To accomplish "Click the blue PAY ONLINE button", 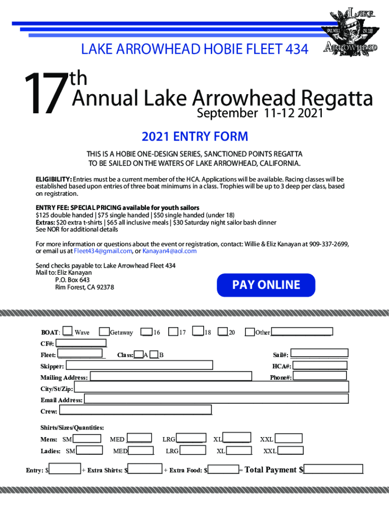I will coord(266,285).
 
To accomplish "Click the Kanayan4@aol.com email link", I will coord(169,251).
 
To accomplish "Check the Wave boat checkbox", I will coord(68,332).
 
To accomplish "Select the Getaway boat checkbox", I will coord(105,332).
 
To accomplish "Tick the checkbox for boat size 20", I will coord(223,332).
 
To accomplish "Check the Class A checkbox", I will coord(138,355).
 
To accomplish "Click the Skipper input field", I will coord(139,365).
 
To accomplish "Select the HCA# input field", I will coord(320,365).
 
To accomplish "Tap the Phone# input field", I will coord(320,376).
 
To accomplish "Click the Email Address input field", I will coord(216,399).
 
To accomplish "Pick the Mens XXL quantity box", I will coord(289,439).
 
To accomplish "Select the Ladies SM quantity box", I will coord(89,450).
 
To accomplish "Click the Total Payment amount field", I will coord(333,469).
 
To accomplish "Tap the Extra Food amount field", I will coord(223,470).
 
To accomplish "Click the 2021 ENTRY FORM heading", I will coord(194,137).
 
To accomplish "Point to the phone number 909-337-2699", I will coord(328,244).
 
